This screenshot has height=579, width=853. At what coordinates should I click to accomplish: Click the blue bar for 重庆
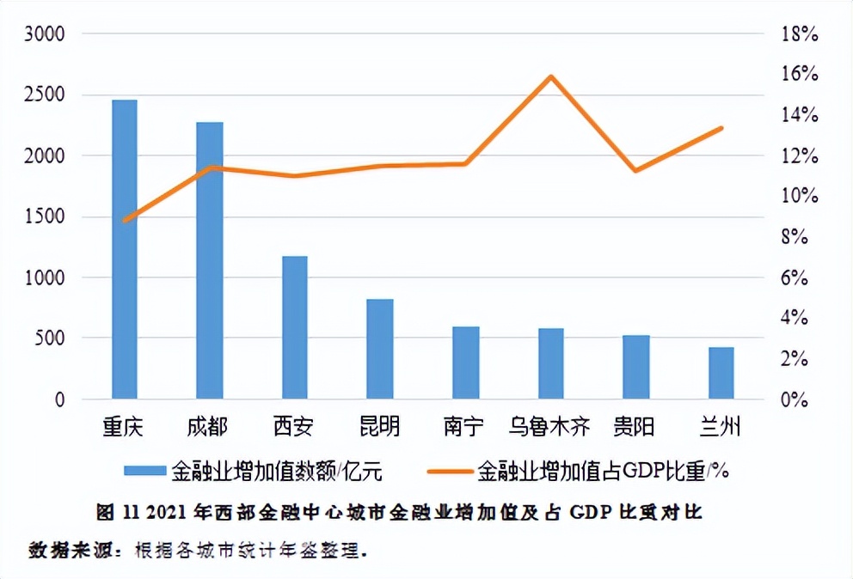click(124, 249)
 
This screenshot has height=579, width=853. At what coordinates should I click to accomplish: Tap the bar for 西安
click(294, 327)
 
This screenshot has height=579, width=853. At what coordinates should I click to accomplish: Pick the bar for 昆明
click(379, 349)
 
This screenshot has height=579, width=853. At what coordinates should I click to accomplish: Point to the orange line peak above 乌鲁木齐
click(551, 76)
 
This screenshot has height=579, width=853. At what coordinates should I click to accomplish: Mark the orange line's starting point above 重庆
click(126, 220)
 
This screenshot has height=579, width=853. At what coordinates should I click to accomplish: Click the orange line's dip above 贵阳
click(635, 170)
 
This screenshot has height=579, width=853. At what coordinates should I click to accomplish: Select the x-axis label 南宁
click(464, 426)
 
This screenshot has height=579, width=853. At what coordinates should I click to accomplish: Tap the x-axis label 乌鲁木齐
click(550, 426)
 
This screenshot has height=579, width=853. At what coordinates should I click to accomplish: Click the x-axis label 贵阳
click(635, 426)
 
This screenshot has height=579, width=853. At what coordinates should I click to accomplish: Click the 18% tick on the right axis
click(799, 34)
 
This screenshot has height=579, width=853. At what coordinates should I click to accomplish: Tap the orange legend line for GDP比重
click(449, 471)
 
